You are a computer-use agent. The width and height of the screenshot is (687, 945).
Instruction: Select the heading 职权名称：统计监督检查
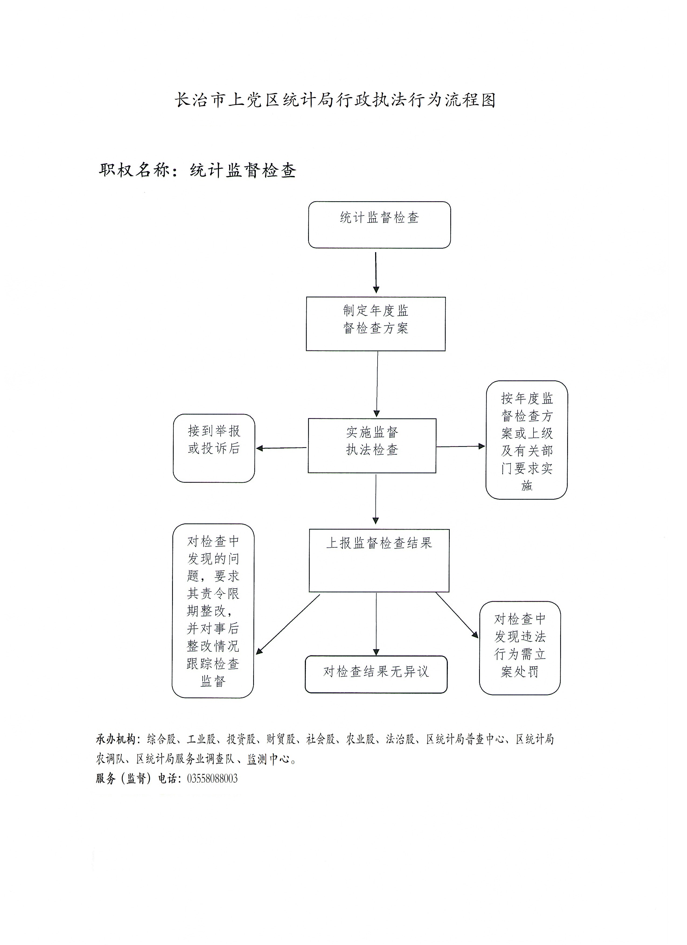[197, 170]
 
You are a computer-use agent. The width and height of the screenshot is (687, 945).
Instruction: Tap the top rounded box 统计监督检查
[379, 225]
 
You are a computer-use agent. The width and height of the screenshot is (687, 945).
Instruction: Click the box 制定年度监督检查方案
[375, 324]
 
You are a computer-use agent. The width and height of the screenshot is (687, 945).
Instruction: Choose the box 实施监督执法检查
[372, 445]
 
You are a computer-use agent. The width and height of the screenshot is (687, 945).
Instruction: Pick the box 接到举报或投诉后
[214, 448]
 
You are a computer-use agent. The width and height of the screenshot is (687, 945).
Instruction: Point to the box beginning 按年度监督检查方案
[526, 440]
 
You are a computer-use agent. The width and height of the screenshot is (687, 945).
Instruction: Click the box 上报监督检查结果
[379, 560]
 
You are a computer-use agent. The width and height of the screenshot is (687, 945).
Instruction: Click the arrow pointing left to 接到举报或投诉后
[281, 448]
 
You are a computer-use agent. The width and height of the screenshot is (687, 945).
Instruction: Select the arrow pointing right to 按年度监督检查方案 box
[460, 446]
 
